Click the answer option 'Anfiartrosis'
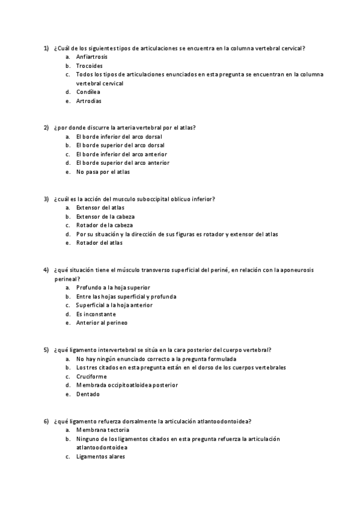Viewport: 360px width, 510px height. click(x=93, y=57)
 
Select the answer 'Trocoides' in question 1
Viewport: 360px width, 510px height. click(x=90, y=66)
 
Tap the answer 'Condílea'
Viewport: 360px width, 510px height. click(x=88, y=92)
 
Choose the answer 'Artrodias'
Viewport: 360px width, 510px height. click(x=89, y=101)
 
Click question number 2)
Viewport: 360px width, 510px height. click(x=46, y=127)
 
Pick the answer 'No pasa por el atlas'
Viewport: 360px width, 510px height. click(x=103, y=172)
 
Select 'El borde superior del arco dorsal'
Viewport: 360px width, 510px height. click(x=120, y=146)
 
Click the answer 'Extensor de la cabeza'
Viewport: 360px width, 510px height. click(x=105, y=217)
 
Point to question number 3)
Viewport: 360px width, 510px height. click(x=46, y=198)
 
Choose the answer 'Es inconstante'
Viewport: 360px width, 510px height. click(x=96, y=314)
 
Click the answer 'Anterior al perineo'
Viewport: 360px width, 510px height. click(x=102, y=323)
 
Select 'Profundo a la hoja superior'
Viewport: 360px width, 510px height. click(x=113, y=287)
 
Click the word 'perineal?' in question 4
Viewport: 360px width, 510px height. click(x=67, y=278)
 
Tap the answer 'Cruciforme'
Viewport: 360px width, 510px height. click(x=91, y=376)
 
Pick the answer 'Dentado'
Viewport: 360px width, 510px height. click(x=88, y=395)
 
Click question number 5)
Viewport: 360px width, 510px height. click(x=46, y=349)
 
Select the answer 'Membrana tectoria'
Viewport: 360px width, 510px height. click(x=102, y=430)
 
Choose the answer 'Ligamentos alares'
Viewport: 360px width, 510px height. click(x=101, y=456)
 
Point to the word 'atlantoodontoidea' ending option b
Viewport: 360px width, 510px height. click(x=102, y=447)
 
